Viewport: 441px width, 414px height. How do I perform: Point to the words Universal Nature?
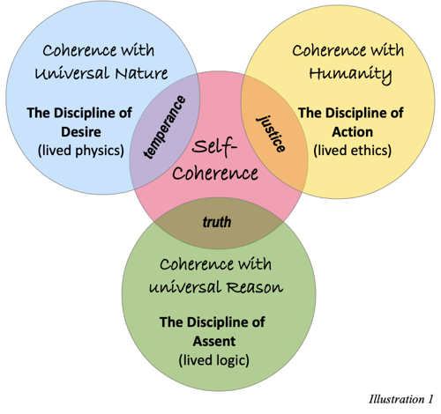[97, 75]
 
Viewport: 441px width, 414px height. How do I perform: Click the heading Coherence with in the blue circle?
[97, 50]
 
